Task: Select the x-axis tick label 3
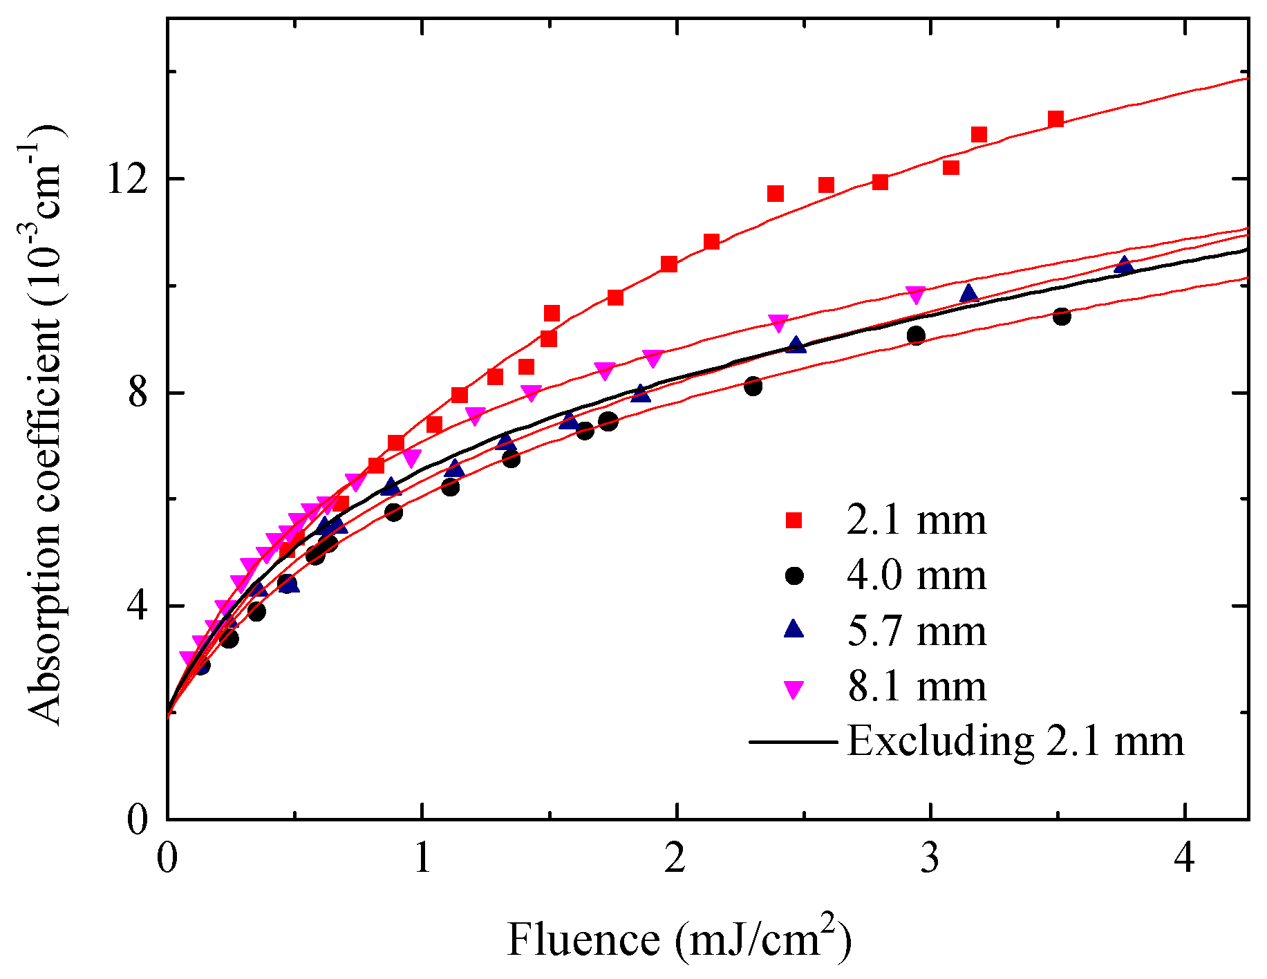[930, 859]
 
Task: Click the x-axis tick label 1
[422, 859]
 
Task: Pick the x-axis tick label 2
[676, 859]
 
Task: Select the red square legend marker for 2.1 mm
[795, 521]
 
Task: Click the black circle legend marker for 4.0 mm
[795, 576]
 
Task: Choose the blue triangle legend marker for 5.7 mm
[795, 629]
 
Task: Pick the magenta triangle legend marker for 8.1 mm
[795, 689]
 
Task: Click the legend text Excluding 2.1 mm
[1015, 741]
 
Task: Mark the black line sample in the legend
[793, 742]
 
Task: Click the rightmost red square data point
[1055, 119]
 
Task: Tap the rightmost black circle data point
[1062, 317]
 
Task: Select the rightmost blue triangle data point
[1125, 265]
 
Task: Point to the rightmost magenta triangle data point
[916, 295]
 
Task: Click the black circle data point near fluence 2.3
[753, 386]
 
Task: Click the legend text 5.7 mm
[917, 631]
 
